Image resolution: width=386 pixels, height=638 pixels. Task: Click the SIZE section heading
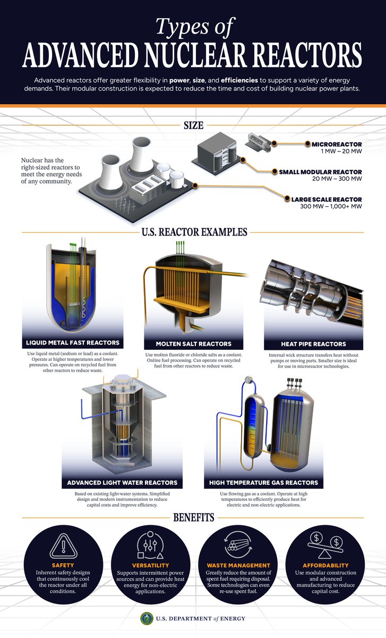click(x=193, y=125)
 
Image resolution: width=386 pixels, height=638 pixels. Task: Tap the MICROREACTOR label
click(x=337, y=145)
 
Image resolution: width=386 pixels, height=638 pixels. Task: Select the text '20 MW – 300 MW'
click(x=337, y=179)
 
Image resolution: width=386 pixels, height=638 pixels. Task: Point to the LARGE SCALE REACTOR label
click(x=327, y=199)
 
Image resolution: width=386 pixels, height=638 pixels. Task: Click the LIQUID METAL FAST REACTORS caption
click(x=73, y=342)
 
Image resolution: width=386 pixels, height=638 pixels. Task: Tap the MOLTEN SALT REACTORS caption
click(x=194, y=344)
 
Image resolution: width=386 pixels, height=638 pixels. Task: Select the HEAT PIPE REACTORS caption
click(x=313, y=344)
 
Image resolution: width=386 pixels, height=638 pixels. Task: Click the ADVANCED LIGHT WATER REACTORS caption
click(x=122, y=483)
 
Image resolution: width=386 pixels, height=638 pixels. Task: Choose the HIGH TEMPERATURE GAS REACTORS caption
click(x=264, y=483)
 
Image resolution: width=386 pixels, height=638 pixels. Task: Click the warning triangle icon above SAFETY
click(x=63, y=547)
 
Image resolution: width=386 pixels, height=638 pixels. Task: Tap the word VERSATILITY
click(x=150, y=565)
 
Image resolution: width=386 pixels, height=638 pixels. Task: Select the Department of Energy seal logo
click(x=147, y=618)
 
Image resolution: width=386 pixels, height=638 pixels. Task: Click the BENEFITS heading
click(x=194, y=517)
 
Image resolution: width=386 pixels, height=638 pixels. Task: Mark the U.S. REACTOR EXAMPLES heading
click(x=194, y=232)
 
